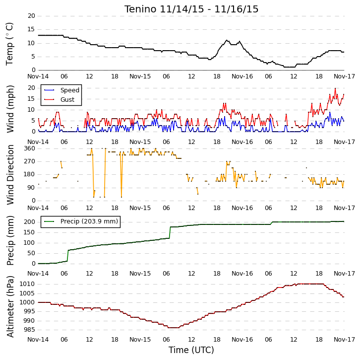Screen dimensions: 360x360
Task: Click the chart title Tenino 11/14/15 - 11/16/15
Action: [191, 9]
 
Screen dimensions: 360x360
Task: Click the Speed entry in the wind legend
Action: [70, 90]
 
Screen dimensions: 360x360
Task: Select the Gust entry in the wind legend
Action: [67, 99]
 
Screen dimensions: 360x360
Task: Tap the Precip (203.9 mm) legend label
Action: [89, 221]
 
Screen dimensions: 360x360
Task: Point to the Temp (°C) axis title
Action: [9, 44]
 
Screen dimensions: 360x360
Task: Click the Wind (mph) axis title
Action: [10, 109]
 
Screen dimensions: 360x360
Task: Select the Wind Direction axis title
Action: [10, 175]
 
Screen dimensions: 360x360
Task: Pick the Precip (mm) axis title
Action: [10, 240]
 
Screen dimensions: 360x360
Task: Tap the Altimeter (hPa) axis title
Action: [10, 307]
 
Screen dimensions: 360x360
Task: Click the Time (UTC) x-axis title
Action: [191, 350]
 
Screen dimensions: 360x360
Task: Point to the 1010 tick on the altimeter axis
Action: [27, 284]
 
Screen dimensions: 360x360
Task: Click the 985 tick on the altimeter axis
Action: [29, 330]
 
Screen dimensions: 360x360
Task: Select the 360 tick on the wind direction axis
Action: [30, 148]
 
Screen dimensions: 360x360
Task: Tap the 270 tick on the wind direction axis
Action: [30, 161]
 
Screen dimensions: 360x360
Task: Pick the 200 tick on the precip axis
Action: [30, 222]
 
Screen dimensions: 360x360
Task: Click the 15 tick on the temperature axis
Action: [31, 29]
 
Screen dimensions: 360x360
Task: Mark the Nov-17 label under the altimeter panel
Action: [345, 340]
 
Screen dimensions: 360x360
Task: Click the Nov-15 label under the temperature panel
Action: [140, 76]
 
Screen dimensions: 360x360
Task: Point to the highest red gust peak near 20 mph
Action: [335, 88]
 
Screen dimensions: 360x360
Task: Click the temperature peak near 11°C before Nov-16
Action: [227, 40]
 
